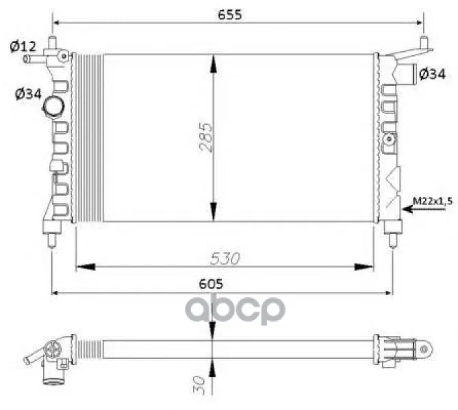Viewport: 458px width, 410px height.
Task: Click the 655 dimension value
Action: (x=230, y=14)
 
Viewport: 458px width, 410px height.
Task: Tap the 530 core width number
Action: (x=225, y=258)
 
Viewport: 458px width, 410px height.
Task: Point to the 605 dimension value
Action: (x=211, y=284)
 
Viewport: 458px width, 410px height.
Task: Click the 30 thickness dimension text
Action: (x=199, y=385)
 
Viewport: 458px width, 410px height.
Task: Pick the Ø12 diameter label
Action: (x=23, y=46)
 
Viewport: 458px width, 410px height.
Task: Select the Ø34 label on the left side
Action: (x=28, y=94)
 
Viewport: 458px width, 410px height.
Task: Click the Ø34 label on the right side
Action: (x=432, y=74)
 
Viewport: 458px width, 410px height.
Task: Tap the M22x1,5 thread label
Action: (x=432, y=201)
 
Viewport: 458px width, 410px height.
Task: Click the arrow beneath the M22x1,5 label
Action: (x=424, y=209)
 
